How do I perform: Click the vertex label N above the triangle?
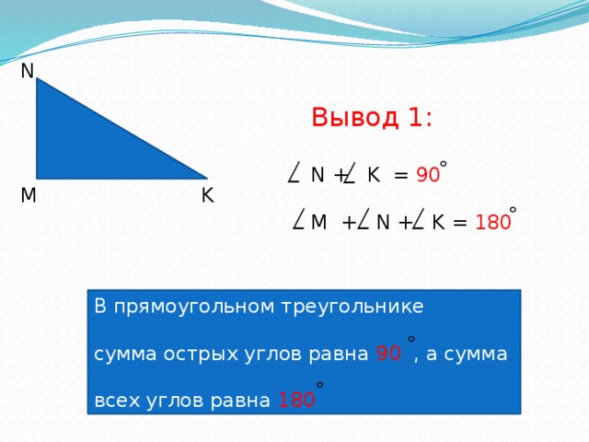click(x=27, y=71)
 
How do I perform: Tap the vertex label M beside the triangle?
click(x=29, y=195)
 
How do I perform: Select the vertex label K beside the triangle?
click(x=207, y=195)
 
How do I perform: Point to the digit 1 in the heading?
click(x=416, y=118)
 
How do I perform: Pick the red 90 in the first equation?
click(x=427, y=176)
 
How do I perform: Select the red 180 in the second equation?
click(x=493, y=223)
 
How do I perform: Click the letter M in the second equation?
click(x=318, y=223)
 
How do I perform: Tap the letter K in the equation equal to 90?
click(x=373, y=175)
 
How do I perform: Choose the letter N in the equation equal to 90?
click(x=318, y=175)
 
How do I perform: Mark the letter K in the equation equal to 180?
click(x=438, y=223)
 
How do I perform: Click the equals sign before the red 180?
click(x=460, y=223)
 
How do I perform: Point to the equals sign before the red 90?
click(x=400, y=175)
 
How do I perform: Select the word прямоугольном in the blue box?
click(x=185, y=307)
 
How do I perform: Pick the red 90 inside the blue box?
click(x=387, y=355)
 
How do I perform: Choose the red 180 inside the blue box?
click(x=295, y=401)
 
